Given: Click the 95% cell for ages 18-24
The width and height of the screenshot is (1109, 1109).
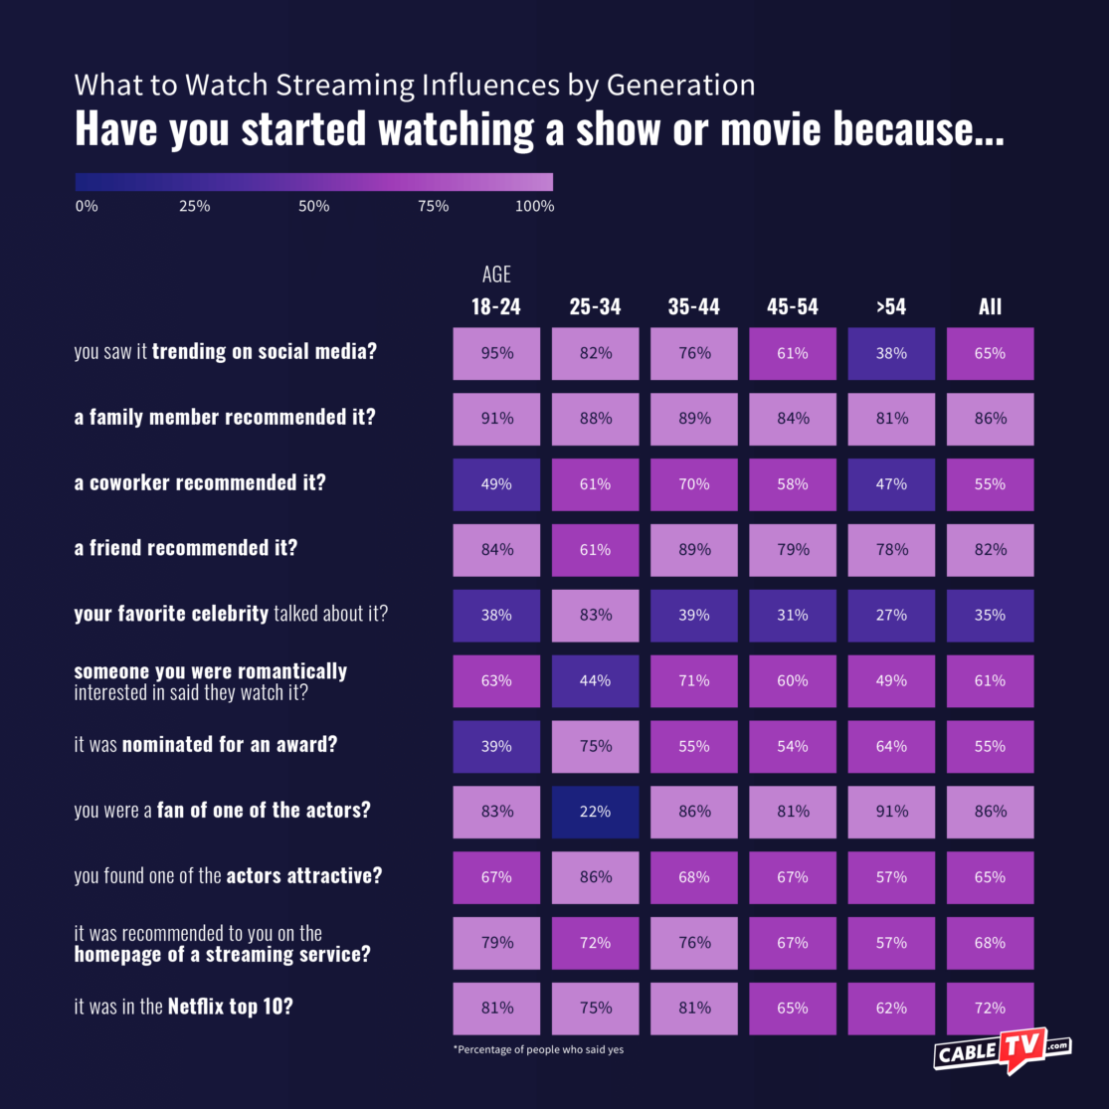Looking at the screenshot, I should pyautogui.click(x=496, y=353).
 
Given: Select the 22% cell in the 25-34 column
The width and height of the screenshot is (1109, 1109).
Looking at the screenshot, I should pyautogui.click(x=595, y=812).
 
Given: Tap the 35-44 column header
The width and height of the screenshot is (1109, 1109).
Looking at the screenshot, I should pyautogui.click(x=693, y=306).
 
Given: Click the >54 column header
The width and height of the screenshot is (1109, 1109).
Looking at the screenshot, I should pyautogui.click(x=891, y=306).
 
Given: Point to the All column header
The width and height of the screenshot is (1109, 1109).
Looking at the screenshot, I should pyautogui.click(x=990, y=306).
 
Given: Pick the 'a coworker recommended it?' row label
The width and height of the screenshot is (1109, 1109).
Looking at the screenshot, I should pyautogui.click(x=200, y=483).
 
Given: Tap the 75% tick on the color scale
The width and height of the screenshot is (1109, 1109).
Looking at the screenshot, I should pyautogui.click(x=434, y=207).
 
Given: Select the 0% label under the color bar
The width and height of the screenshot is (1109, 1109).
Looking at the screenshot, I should pyautogui.click(x=87, y=207).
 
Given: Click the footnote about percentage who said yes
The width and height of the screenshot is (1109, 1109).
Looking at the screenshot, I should pyautogui.click(x=538, y=1049).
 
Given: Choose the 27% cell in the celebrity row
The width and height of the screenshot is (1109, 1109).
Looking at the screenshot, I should pyautogui.click(x=891, y=615).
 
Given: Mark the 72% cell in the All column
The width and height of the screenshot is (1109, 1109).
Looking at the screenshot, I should pyautogui.click(x=990, y=1008).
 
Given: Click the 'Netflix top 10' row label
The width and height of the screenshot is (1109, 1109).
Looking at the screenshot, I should pyautogui.click(x=184, y=1007).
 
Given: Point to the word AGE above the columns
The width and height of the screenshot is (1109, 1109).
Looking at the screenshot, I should pyautogui.click(x=496, y=275).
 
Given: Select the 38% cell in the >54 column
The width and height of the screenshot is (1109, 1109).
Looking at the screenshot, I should pyautogui.click(x=891, y=353).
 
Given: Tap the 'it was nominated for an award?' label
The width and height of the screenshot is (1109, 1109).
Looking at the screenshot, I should pyautogui.click(x=205, y=745).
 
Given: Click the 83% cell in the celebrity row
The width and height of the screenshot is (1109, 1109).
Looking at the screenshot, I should pyautogui.click(x=595, y=615).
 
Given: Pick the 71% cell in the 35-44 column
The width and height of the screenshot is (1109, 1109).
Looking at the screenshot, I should pyautogui.click(x=693, y=680).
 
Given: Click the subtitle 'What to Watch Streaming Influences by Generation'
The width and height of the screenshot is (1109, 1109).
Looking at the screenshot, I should pyautogui.click(x=415, y=86).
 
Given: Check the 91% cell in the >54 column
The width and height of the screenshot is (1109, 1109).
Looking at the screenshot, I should pyautogui.click(x=891, y=812).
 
